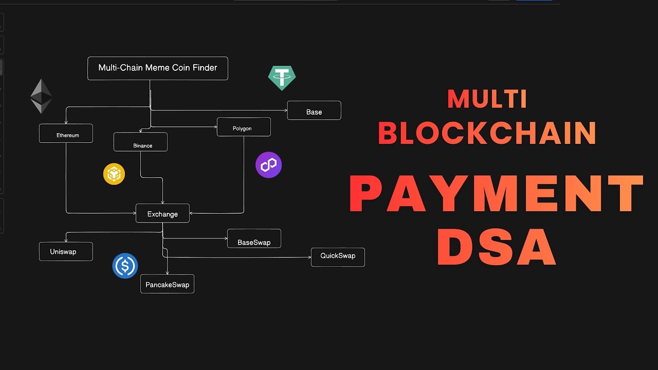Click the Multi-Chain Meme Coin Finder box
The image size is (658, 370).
(157, 68)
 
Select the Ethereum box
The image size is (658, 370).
(66, 134)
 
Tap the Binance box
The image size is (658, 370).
(140, 142)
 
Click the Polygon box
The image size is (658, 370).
(244, 127)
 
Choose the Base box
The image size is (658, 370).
(314, 110)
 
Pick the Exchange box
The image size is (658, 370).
(162, 213)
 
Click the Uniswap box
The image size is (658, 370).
(66, 251)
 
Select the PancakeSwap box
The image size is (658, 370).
(167, 284)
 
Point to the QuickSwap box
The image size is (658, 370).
(338, 256)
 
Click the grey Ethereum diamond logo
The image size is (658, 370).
(41, 96)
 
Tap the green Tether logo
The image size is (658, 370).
(282, 78)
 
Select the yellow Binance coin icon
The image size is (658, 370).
(114, 174)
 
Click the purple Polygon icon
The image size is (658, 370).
(268, 165)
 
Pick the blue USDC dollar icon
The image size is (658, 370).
(125, 266)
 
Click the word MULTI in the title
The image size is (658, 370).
(487, 99)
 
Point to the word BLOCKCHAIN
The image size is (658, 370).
(487, 133)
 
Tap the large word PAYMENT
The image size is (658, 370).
(496, 195)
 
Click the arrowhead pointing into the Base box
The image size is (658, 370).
(285, 110)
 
